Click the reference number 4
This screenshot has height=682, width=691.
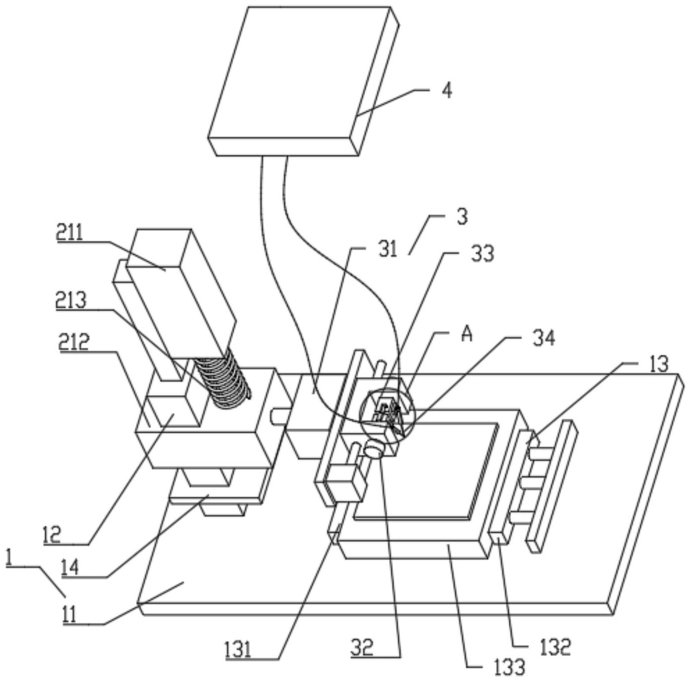447,90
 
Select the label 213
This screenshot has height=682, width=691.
71,301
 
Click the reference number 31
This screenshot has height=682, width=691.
388,249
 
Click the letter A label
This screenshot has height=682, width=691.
466,334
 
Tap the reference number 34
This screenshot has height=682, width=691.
544,339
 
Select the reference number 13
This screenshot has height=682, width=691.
659,364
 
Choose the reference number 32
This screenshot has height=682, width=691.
362,648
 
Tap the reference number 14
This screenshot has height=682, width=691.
69,568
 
